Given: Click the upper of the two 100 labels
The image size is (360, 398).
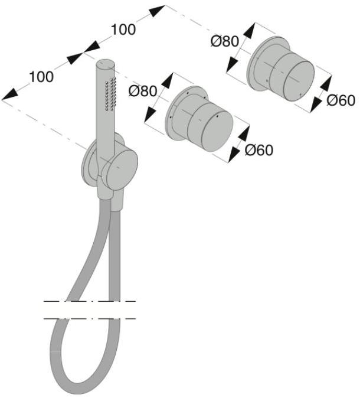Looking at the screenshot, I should (123, 29).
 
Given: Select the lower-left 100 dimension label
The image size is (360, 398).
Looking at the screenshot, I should (41, 76).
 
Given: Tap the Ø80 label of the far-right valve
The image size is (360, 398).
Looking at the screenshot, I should (224, 41).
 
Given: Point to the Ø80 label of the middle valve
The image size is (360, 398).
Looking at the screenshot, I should (142, 92).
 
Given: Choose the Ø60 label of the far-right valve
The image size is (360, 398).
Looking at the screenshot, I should (341, 100).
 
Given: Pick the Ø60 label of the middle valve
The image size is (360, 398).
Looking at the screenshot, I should (259, 151).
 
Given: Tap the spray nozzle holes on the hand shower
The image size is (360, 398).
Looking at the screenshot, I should (109, 94).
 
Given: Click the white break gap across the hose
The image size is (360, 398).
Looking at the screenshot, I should (89, 310).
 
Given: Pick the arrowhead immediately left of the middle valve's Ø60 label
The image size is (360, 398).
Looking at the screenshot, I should (236, 152).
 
